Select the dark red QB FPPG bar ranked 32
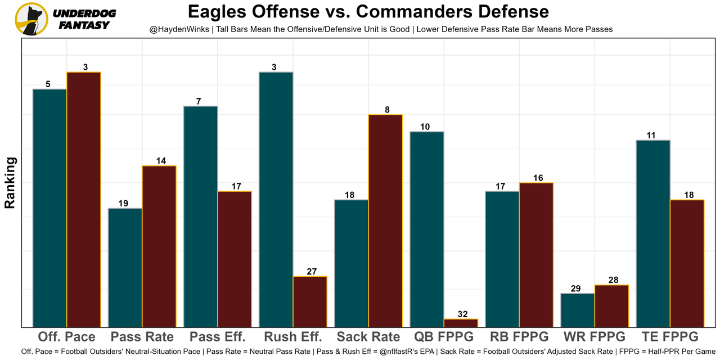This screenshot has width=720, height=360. click(x=461, y=323)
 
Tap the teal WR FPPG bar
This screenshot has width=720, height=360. click(x=577, y=310)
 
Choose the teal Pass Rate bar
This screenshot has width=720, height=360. click(x=125, y=267)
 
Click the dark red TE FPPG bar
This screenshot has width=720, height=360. click(x=687, y=263)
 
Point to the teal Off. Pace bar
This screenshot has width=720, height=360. click(x=49, y=208)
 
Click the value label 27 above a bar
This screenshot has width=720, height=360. click(x=312, y=272)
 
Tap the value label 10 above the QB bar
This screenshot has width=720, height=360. click(x=425, y=127)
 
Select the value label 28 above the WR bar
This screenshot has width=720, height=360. click(x=614, y=280)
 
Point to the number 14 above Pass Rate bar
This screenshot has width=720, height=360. click(x=161, y=161)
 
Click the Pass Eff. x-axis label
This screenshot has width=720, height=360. click(x=218, y=337)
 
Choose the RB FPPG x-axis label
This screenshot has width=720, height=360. click(x=519, y=337)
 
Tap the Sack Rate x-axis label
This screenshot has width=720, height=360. click(x=368, y=337)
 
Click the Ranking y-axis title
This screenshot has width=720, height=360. click(x=10, y=183)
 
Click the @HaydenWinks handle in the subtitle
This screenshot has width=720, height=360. click(x=179, y=29)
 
